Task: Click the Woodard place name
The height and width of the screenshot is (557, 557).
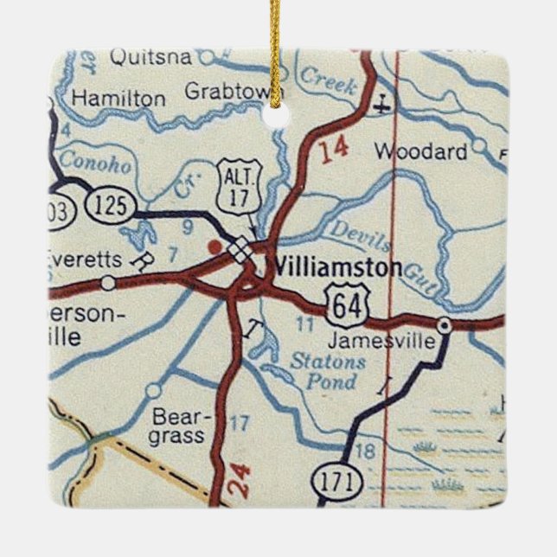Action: (420, 151)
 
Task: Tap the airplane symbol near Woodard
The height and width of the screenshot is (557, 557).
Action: (381, 107)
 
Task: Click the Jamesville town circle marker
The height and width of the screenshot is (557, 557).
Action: (444, 326)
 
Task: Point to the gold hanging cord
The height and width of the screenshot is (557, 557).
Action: (276, 52)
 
